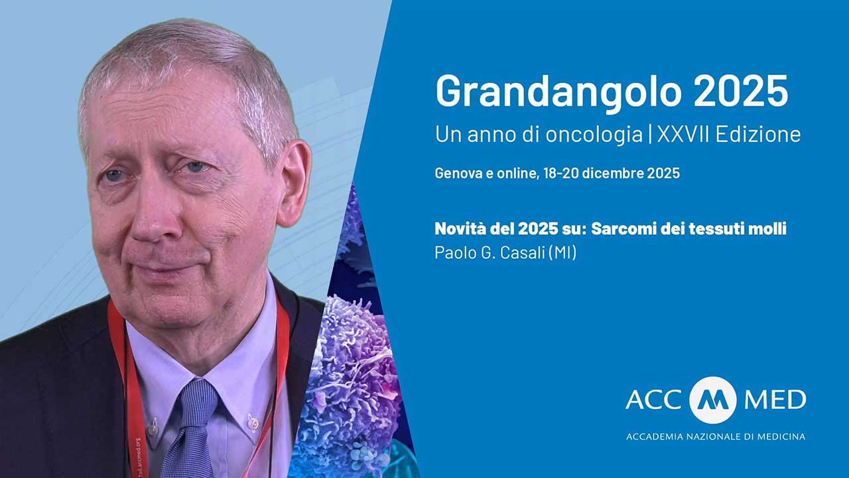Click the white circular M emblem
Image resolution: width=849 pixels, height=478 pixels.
click(x=713, y=400)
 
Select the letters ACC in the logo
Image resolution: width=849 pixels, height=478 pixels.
click(x=654, y=400)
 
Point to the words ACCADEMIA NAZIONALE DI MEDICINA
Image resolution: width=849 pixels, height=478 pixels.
click(x=716, y=437)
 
